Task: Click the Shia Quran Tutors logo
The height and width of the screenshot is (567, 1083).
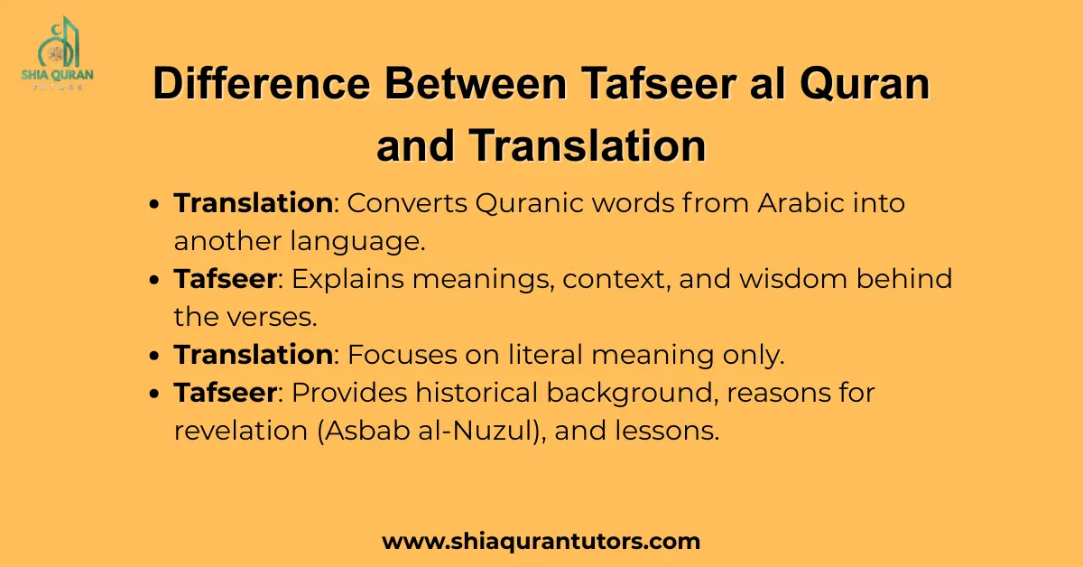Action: (x=58, y=52)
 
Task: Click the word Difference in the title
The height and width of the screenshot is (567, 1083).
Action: (x=262, y=84)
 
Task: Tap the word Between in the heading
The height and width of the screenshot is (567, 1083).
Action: (x=476, y=84)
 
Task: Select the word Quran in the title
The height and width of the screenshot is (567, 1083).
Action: (x=865, y=85)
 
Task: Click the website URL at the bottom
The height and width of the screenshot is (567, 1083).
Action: (x=541, y=542)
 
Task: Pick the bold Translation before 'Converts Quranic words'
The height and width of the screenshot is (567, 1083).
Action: (x=254, y=203)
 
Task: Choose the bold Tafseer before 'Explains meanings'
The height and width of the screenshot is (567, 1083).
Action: (x=226, y=279)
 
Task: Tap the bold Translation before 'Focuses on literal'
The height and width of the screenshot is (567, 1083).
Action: (x=254, y=355)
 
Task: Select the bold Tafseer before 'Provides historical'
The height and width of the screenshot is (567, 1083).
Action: (x=226, y=393)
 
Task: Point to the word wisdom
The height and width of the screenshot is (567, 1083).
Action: (x=793, y=279)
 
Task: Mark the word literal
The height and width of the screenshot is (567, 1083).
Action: (x=545, y=355)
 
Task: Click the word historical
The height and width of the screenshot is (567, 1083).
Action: (x=477, y=393)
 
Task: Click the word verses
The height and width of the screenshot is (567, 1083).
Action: (x=272, y=318)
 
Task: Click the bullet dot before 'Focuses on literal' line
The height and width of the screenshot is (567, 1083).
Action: (x=154, y=357)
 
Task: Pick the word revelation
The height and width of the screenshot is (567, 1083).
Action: (x=241, y=431)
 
